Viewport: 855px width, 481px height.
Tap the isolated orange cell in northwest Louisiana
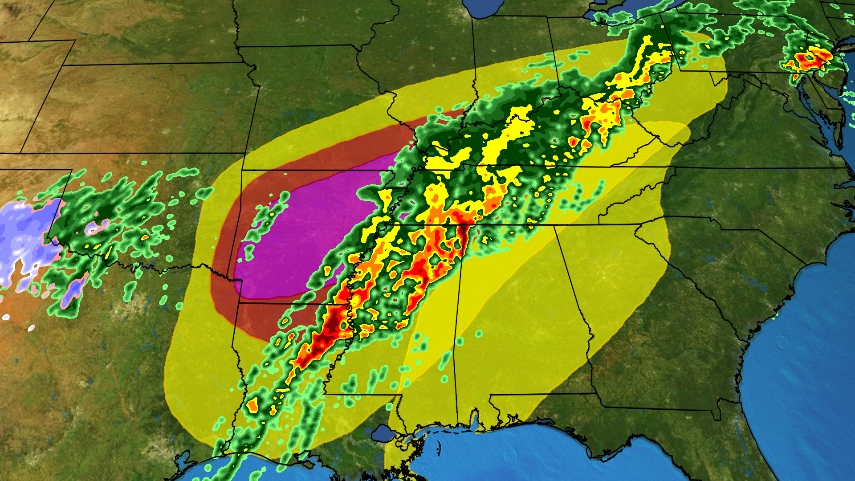click(x=252, y=406)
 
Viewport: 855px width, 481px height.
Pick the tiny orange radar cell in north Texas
click(x=145, y=238)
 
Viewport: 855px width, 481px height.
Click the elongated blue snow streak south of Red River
click(x=73, y=292)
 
